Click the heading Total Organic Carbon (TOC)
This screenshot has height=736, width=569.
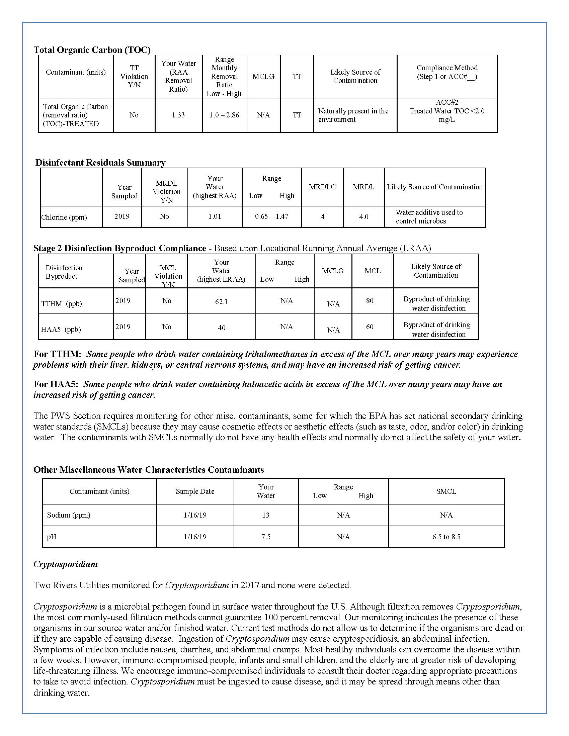point(92,50)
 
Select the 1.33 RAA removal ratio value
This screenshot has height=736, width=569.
point(178,115)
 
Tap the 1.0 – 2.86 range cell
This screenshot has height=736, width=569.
point(224,115)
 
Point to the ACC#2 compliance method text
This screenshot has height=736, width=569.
point(447,102)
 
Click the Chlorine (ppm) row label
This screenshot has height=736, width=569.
point(64,217)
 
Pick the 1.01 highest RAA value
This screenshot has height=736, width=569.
point(215,216)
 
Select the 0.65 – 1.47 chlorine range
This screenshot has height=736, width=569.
point(272,216)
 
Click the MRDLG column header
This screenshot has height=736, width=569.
point(322,187)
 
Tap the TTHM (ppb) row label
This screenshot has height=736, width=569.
point(61,304)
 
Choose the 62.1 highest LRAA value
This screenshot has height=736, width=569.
point(222,302)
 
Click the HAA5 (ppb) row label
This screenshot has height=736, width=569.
point(61,329)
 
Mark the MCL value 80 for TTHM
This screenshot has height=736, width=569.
point(370,301)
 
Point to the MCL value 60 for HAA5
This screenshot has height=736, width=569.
point(370,327)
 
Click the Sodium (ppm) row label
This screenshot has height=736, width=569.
point(69,515)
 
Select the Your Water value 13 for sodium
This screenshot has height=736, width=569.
point(266,515)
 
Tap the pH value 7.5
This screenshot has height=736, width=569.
point(266,537)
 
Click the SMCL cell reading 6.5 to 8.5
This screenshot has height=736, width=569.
point(446,537)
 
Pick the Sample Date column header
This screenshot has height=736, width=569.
point(195,491)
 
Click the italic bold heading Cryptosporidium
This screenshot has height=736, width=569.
point(65,564)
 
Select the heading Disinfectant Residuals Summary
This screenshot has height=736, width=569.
point(100,163)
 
